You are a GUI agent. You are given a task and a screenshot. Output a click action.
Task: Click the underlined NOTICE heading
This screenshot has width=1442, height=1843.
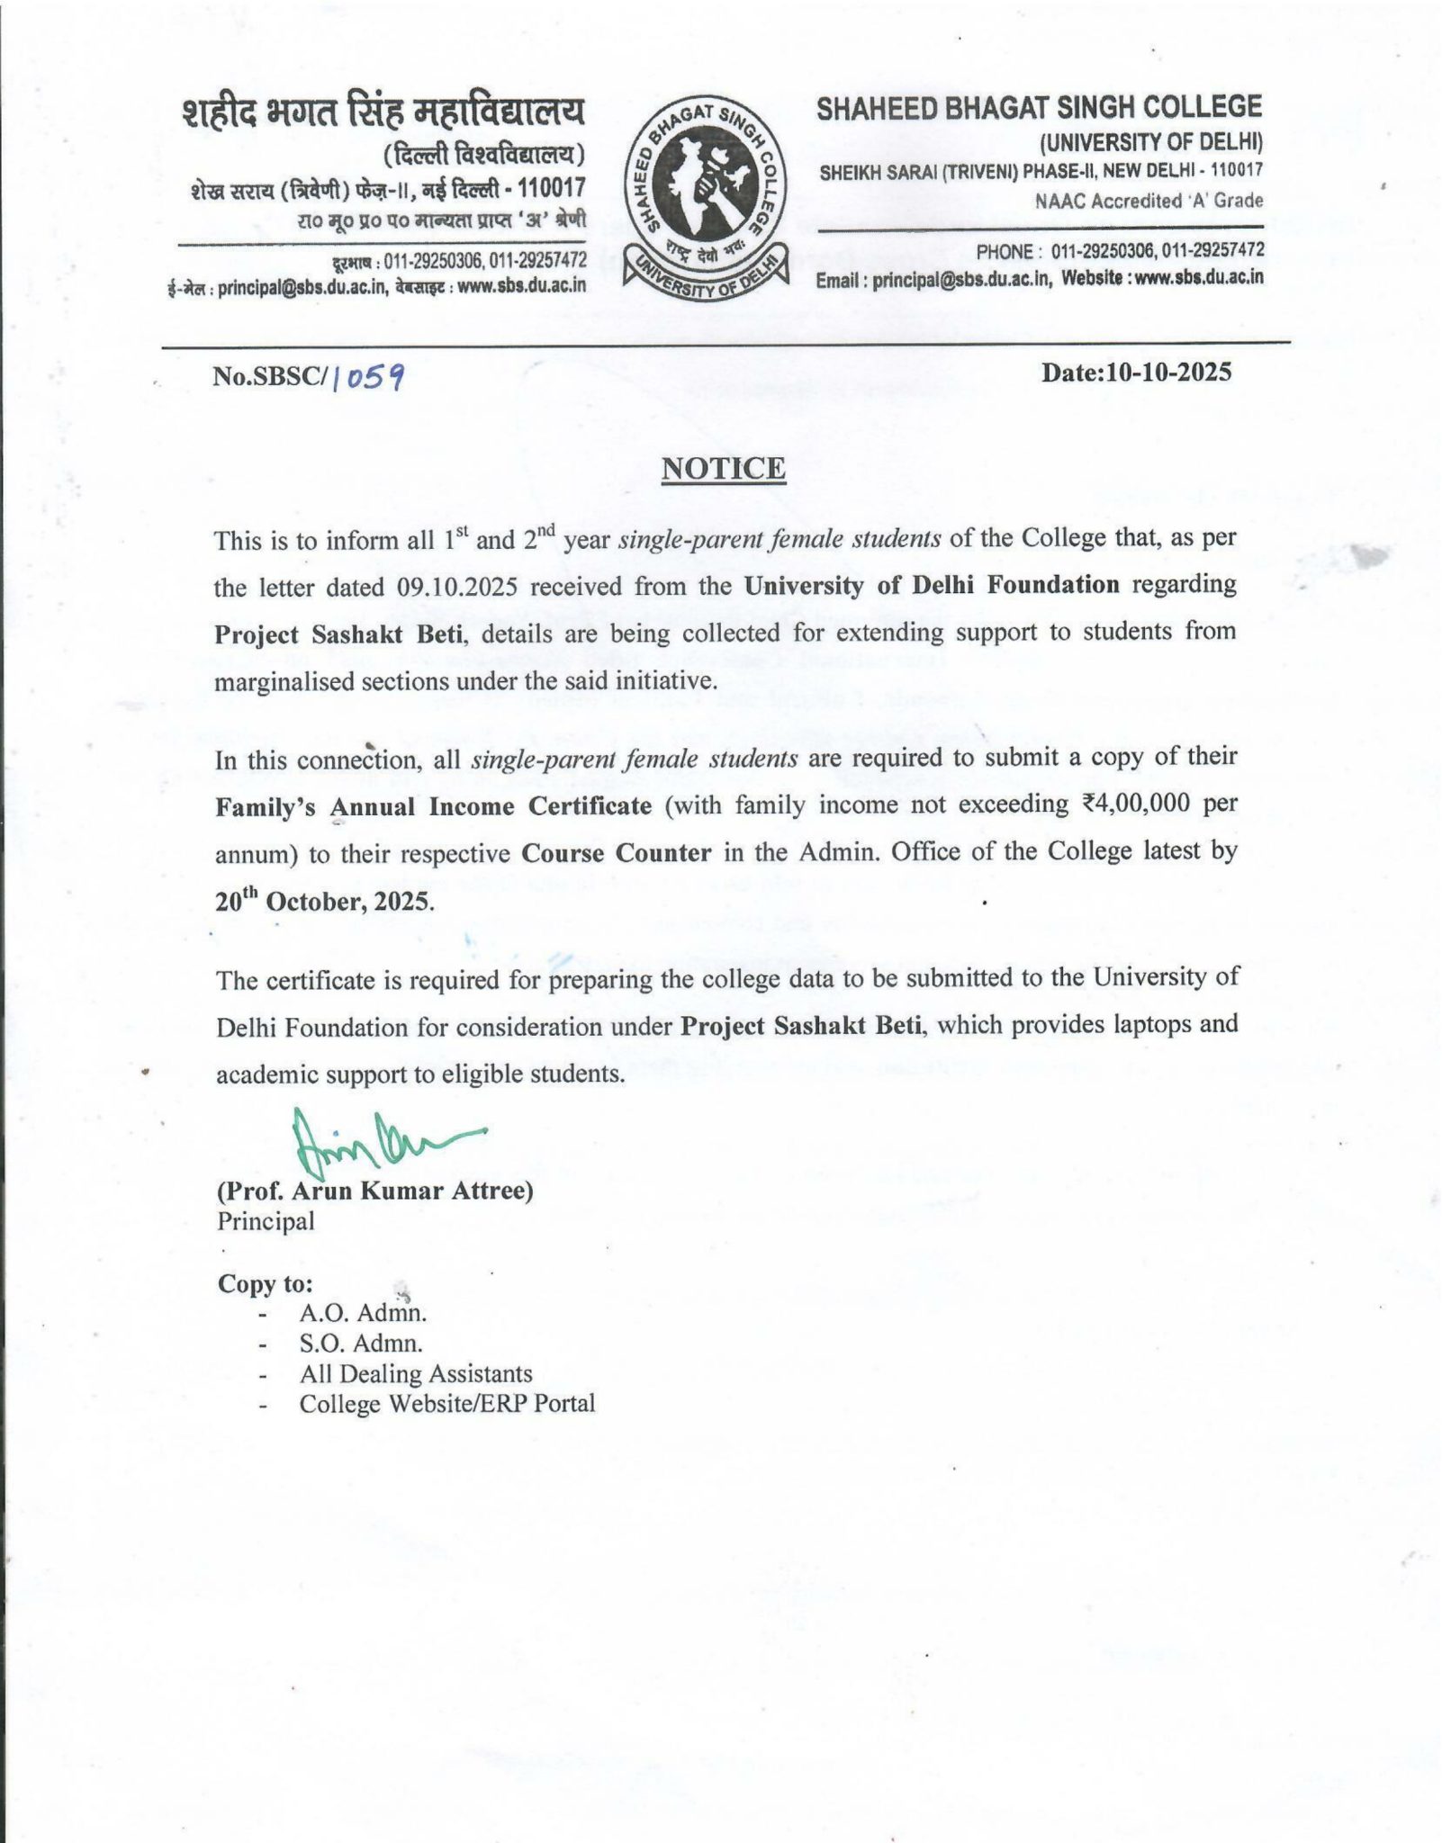[x=724, y=468]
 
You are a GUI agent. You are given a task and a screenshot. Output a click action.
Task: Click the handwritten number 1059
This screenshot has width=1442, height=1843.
[x=367, y=378]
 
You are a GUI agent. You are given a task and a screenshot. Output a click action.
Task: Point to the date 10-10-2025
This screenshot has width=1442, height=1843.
[x=1136, y=373]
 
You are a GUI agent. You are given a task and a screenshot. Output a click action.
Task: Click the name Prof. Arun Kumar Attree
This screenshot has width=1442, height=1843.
[x=375, y=1191]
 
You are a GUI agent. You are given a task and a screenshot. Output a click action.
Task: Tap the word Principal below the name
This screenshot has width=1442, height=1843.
[x=266, y=1221]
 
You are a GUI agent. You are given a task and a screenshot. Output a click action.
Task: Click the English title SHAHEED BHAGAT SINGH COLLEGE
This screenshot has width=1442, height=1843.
[x=1039, y=108]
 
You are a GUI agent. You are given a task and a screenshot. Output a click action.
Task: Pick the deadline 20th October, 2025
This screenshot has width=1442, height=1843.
[x=325, y=901]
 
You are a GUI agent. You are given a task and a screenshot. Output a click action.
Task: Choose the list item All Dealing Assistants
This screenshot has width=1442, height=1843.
[x=416, y=1374]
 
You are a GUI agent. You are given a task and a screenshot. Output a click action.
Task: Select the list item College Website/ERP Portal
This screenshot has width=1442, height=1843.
[x=447, y=1404]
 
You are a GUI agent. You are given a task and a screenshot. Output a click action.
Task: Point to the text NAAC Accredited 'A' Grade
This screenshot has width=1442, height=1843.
[x=1149, y=201]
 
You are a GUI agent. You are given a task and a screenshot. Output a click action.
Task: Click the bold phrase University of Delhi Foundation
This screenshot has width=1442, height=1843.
[x=932, y=585]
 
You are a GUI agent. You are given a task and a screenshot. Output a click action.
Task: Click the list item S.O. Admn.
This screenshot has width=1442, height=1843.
[x=361, y=1344]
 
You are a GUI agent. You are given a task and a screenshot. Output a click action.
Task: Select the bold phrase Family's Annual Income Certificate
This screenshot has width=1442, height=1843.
[x=433, y=805]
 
